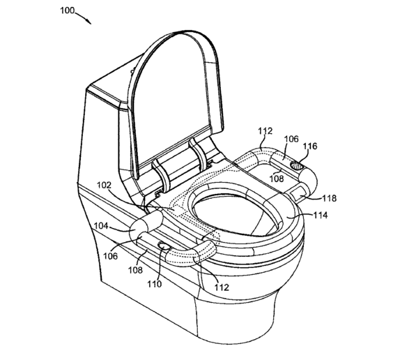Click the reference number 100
point(67,10)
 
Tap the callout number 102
point(104,185)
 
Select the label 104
point(101,226)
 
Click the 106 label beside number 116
point(291,139)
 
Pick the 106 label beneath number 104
point(111,256)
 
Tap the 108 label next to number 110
point(135,270)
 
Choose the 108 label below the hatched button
point(277,178)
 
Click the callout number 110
point(155,284)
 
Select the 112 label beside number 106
point(266,131)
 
